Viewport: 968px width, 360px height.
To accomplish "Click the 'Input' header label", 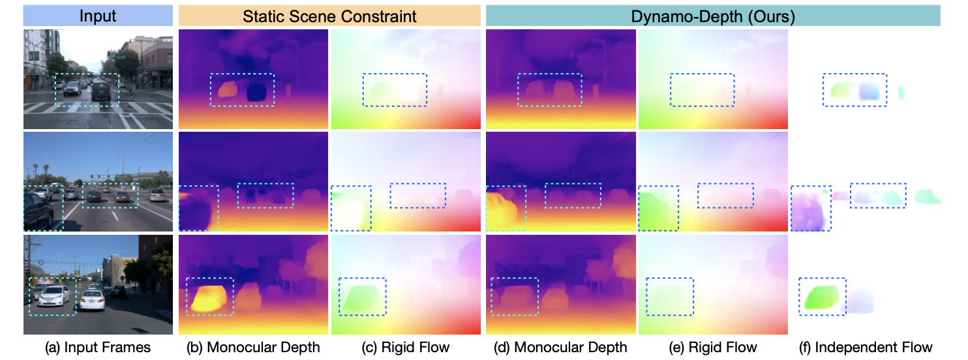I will pyautogui.click(x=98, y=16).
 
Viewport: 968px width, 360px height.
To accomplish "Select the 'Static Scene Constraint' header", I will pyautogui.click(x=329, y=16).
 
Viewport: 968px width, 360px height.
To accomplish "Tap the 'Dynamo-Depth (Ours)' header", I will pyautogui.click(x=713, y=16).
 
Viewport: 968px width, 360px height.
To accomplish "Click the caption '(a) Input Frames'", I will pyautogui.click(x=98, y=347).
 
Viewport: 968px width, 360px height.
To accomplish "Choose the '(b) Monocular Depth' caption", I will pyautogui.click(x=253, y=347).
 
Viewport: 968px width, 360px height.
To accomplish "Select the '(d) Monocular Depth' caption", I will pyautogui.click(x=561, y=347).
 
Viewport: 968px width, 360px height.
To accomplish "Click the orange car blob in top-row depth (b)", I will pyautogui.click(x=228, y=90).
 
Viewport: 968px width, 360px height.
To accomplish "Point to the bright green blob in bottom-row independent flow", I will pyautogui.click(x=822, y=297).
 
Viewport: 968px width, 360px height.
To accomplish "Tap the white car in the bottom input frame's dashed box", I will pyautogui.click(x=53, y=297).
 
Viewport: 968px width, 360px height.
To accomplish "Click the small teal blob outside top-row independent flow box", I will pyautogui.click(x=901, y=93).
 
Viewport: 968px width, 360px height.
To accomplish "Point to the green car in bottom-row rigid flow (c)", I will pyautogui.click(x=363, y=297).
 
